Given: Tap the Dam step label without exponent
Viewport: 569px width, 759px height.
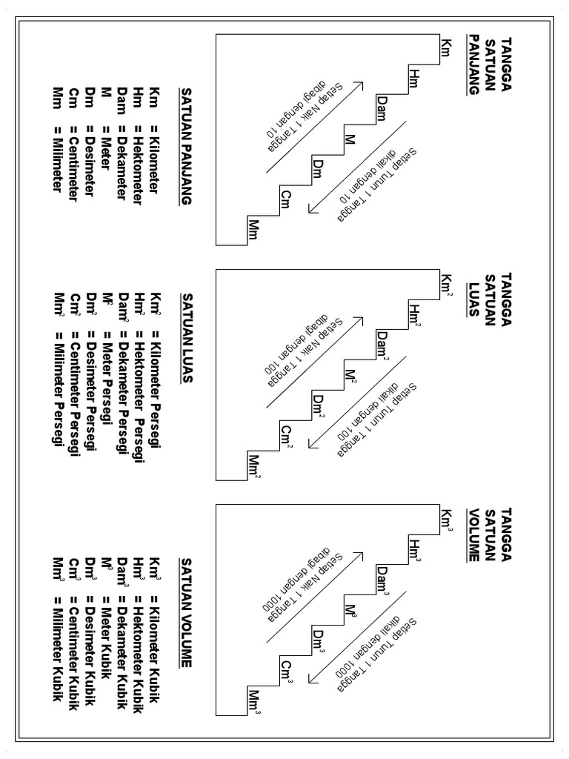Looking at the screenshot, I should (382, 109).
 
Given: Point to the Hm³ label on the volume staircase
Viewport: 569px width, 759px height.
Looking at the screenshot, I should (414, 553).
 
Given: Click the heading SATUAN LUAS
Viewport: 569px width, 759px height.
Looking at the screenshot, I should (186, 336).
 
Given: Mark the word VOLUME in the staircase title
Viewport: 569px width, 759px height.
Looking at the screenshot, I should (474, 533).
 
